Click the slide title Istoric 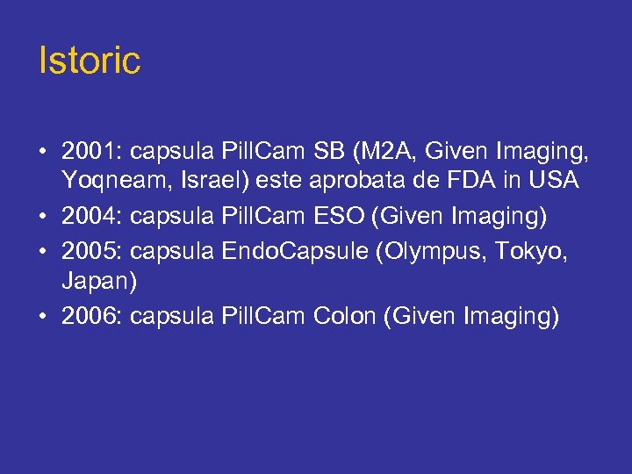90,61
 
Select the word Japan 97,281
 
